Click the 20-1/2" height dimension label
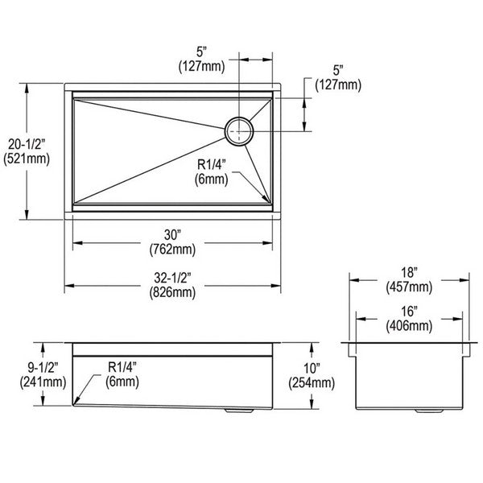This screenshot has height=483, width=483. pyautogui.click(x=27, y=144)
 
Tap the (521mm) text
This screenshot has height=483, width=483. pyautogui.click(x=27, y=159)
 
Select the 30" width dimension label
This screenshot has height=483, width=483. pyautogui.click(x=172, y=235)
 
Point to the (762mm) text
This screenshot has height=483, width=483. pyautogui.click(x=172, y=250)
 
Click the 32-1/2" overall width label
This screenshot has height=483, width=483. pyautogui.click(x=172, y=279)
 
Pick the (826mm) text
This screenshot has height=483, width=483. pyautogui.click(x=172, y=292)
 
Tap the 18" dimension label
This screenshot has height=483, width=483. pyautogui.click(x=409, y=273)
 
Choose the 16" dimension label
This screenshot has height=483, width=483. pyautogui.click(x=409, y=312)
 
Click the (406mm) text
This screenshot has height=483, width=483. pyautogui.click(x=409, y=326)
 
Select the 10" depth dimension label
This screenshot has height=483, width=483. pyautogui.click(x=312, y=368)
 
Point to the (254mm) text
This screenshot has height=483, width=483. pyautogui.click(x=312, y=383)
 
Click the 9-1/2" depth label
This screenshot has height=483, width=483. pyautogui.click(x=43, y=367)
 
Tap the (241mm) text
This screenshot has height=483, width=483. pyautogui.click(x=43, y=382)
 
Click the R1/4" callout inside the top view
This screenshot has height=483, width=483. pyautogui.click(x=212, y=164)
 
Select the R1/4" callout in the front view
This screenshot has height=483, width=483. pyautogui.click(x=122, y=367)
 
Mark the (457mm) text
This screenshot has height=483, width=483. pyautogui.click(x=409, y=287)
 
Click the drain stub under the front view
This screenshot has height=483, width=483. pyautogui.click(x=239, y=411)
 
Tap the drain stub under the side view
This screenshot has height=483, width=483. pyautogui.click(x=429, y=411)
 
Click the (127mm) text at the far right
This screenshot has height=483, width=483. pyautogui.click(x=338, y=85)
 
